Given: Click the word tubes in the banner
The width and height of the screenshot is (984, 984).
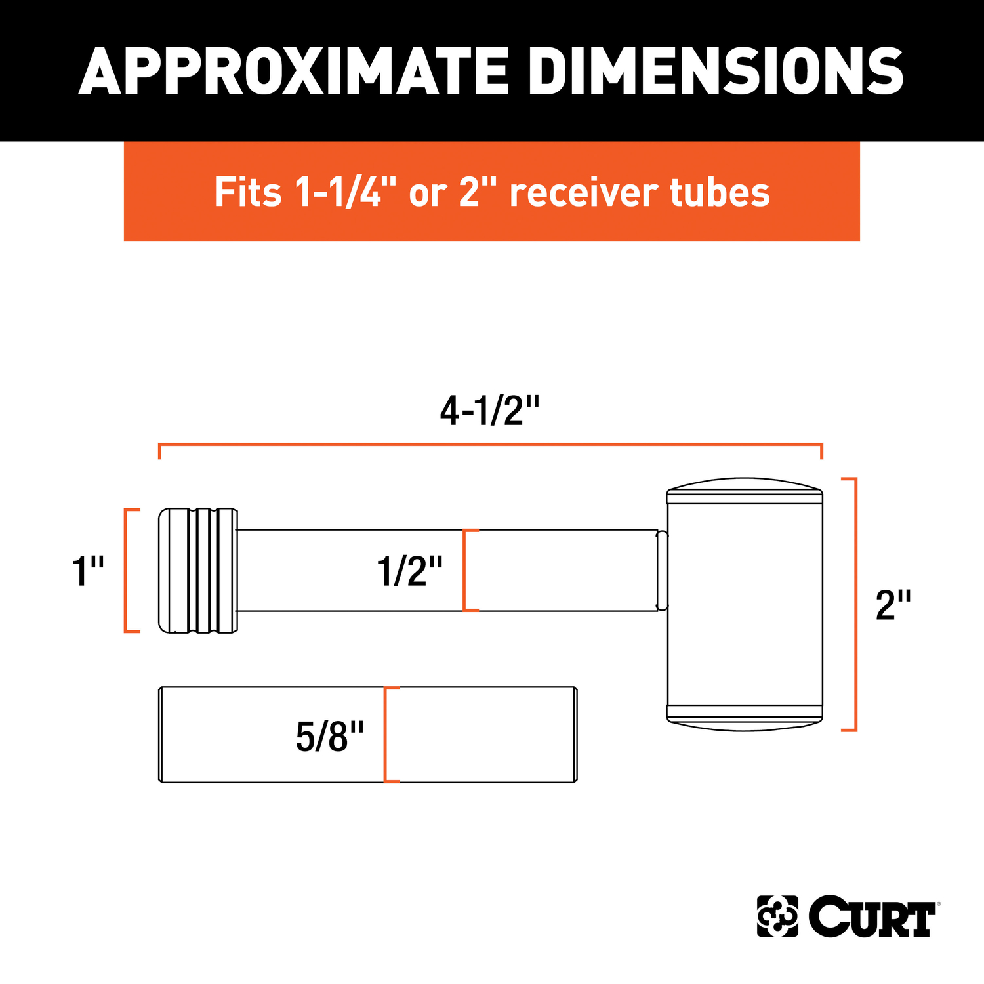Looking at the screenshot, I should click(x=720, y=192).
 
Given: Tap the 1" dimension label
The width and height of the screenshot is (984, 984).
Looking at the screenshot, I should click(x=88, y=571).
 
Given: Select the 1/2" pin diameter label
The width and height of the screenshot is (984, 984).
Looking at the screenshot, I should click(x=409, y=571).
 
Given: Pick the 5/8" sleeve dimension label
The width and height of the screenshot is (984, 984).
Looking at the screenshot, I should click(x=329, y=736).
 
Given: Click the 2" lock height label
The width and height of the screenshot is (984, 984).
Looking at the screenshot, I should click(x=893, y=605).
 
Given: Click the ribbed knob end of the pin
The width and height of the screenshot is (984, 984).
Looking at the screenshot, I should click(x=197, y=570).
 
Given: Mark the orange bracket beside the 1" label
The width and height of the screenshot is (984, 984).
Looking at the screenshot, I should click(x=128, y=570).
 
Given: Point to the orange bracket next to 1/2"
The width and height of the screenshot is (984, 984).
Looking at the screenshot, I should click(x=466, y=570).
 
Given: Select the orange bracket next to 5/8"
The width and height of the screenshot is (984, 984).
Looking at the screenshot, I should click(x=387, y=735).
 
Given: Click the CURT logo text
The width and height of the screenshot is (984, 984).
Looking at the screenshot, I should click(x=872, y=916).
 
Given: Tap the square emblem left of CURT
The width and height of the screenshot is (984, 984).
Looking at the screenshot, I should click(x=777, y=916).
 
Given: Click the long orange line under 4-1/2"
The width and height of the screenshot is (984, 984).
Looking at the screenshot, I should click(x=491, y=445).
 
